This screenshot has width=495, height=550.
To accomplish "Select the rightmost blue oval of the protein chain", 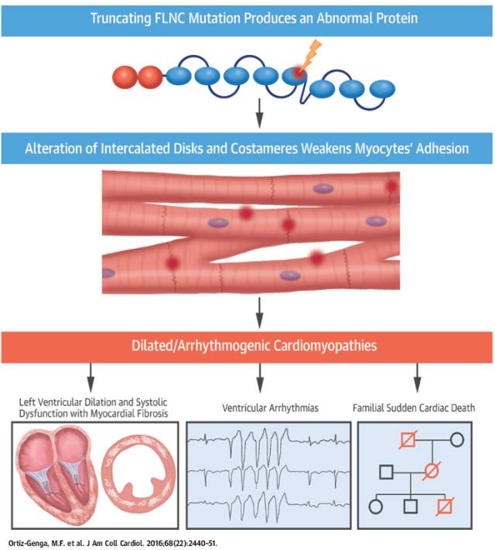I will pyautogui.click(x=379, y=89).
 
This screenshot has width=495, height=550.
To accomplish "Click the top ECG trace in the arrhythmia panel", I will pyautogui.click(x=260, y=443).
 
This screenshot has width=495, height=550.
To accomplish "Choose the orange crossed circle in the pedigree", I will pyautogui.click(x=432, y=469).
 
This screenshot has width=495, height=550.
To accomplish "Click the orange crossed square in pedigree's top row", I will pyautogui.click(x=407, y=439).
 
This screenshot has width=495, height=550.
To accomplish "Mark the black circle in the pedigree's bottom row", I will pyautogui.click(x=377, y=507).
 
